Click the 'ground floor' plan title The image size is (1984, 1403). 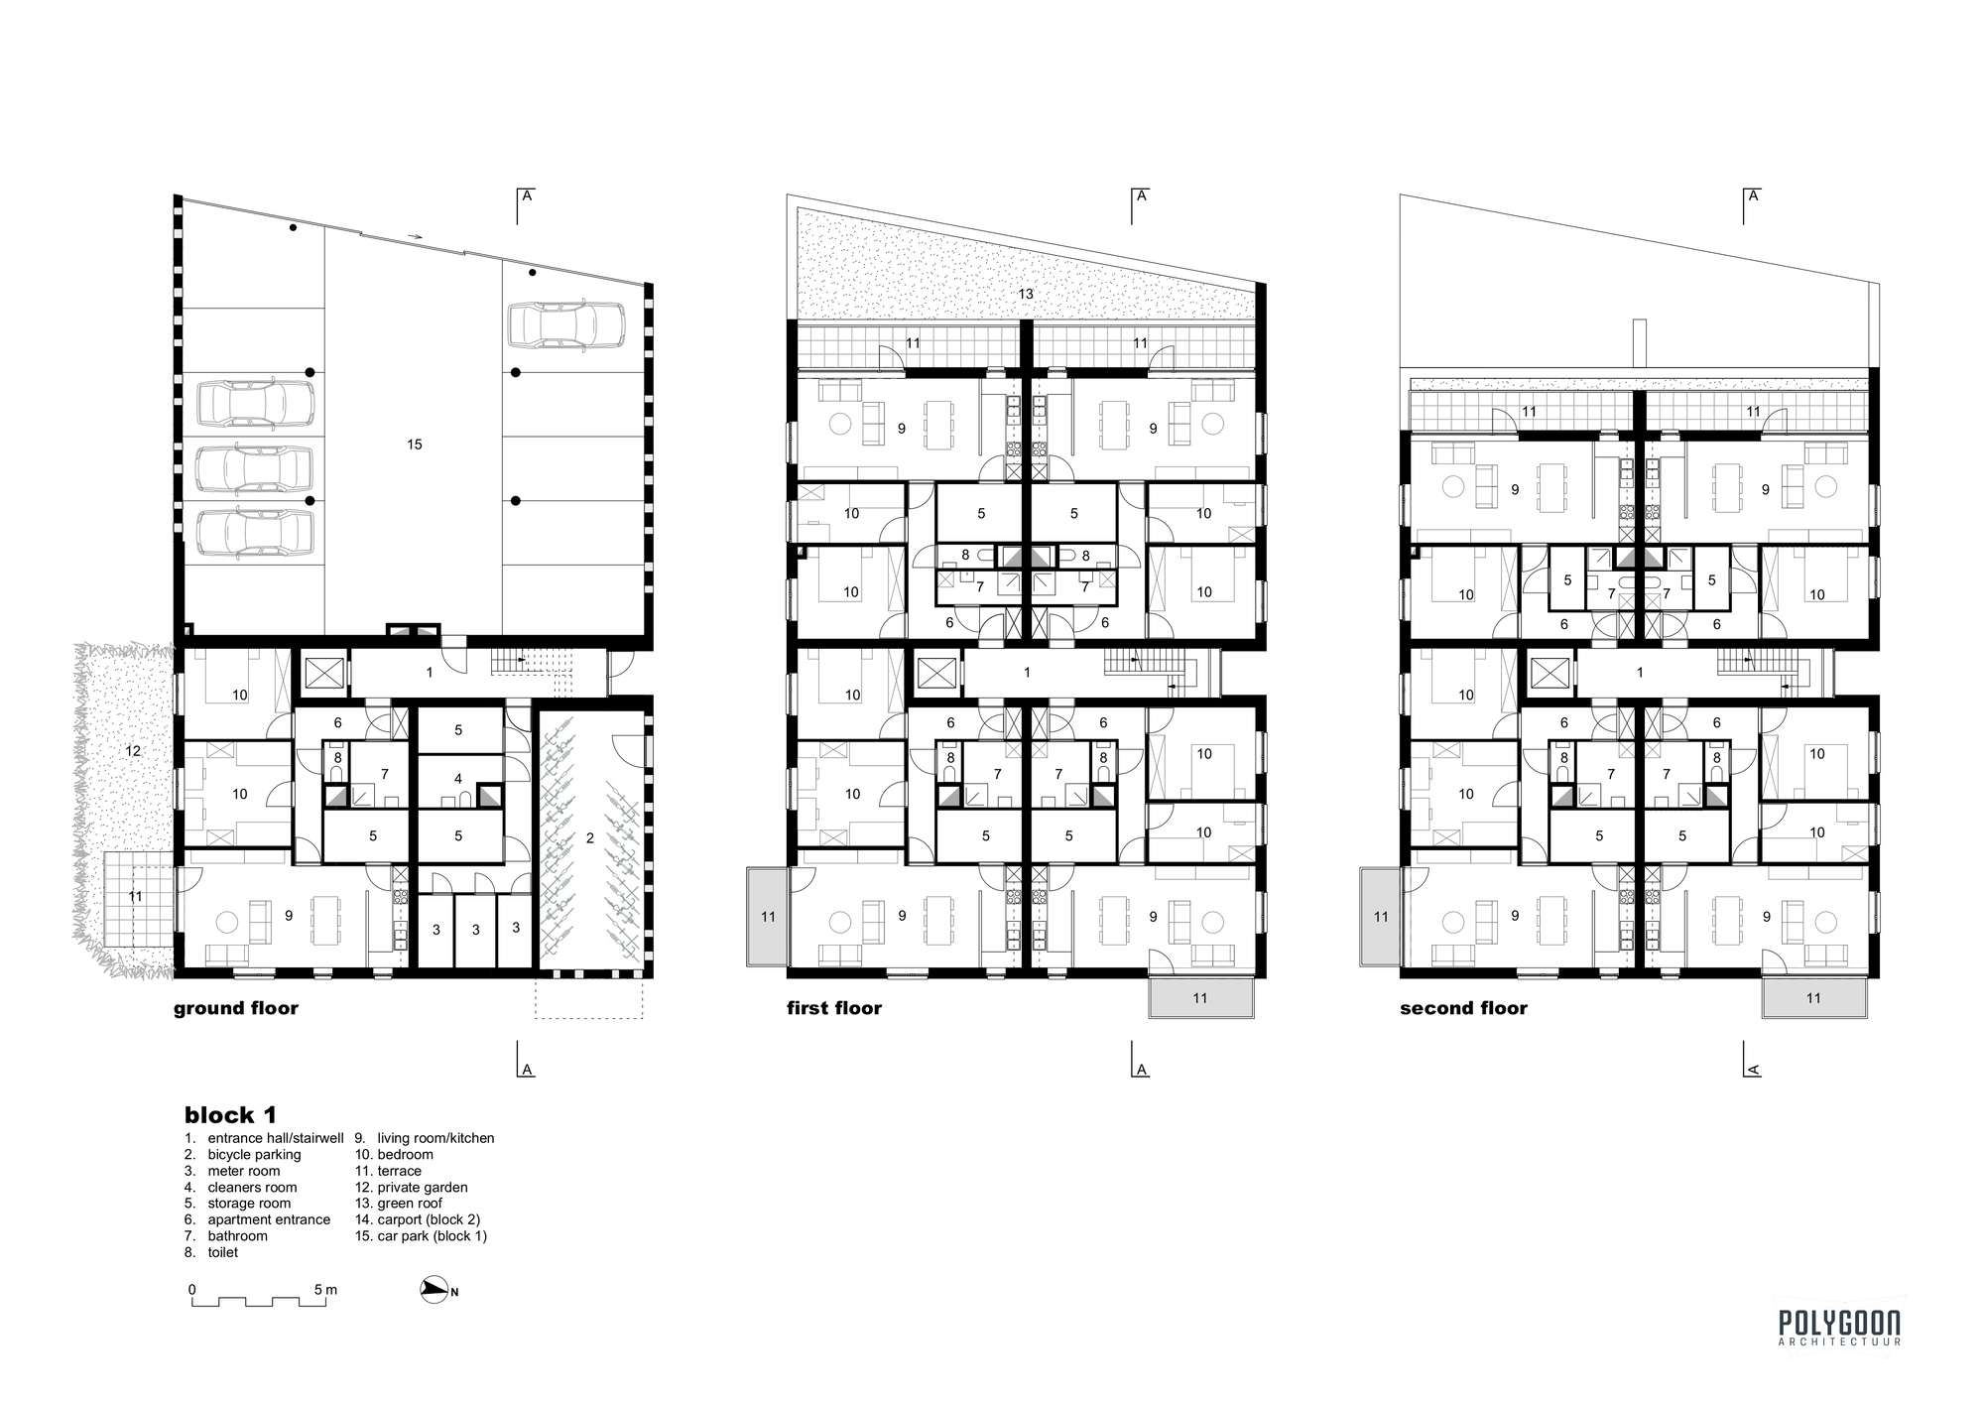236,1008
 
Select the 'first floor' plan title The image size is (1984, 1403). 834,1008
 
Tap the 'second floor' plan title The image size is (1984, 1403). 1463,1008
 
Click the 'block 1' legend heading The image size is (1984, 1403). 230,1115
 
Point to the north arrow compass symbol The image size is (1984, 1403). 435,1290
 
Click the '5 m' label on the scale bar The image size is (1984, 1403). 325,1290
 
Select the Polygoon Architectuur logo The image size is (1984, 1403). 1839,1328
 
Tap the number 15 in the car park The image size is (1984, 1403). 415,445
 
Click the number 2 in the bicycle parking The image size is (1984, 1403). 589,838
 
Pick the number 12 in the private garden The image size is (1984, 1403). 133,751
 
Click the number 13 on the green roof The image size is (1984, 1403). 1026,294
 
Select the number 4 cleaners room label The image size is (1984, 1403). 458,779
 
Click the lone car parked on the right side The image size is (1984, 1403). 565,325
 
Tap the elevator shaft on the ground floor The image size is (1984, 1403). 323,674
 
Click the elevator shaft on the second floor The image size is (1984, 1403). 1547,674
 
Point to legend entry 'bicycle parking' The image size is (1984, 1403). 254,1155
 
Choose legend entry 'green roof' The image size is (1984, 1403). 410,1204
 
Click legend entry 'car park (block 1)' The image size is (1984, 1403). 432,1236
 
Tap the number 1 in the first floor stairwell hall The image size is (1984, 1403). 1027,673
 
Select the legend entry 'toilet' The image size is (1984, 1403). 223,1253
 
